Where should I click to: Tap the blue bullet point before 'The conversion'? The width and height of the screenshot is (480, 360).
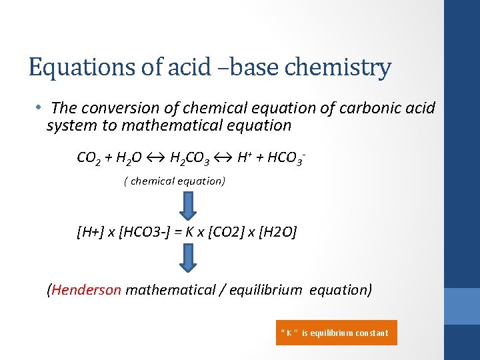(x=39, y=107)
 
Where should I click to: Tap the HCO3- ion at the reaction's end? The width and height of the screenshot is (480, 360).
(x=286, y=159)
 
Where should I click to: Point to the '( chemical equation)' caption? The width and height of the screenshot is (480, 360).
(x=175, y=181)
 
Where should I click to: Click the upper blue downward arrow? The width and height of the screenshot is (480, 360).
(x=189, y=205)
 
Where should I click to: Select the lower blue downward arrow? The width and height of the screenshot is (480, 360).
(x=189, y=257)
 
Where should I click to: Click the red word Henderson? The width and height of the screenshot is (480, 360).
(x=86, y=290)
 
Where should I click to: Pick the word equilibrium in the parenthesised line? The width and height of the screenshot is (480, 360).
(x=269, y=290)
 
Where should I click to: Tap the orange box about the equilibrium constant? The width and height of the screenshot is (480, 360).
(x=336, y=333)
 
